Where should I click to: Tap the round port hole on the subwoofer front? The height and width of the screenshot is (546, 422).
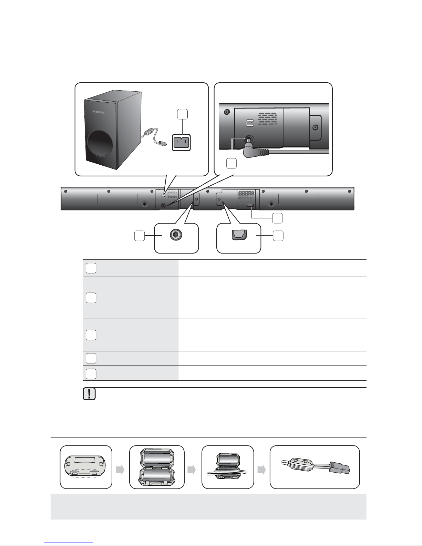coord(101,148)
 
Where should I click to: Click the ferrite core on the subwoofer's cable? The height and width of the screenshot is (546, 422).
coord(150,132)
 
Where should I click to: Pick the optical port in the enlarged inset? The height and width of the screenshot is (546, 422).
coord(238,235)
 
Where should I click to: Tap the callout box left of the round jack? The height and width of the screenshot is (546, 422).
coord(139,236)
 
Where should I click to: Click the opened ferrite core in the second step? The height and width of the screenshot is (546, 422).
coord(157,467)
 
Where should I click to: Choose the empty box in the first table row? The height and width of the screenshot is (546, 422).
coord(91,268)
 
